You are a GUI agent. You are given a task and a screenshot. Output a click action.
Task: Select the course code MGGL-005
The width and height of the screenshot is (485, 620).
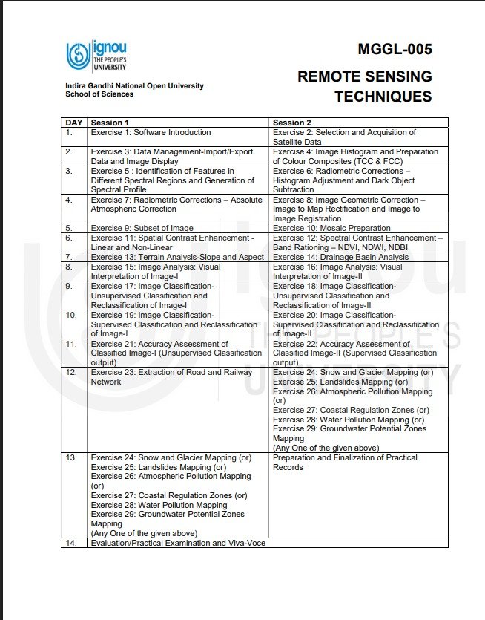pyautogui.click(x=394, y=50)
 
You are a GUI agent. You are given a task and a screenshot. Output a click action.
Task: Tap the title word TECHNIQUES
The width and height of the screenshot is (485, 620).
pyautogui.click(x=383, y=97)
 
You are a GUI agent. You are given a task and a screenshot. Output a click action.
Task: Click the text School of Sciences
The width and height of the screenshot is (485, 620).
pyautogui.click(x=99, y=94)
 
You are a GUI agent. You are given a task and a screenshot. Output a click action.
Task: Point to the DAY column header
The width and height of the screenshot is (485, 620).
pyautogui.click(x=74, y=123)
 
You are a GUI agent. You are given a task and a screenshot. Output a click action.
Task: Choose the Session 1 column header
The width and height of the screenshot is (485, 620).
pyautogui.click(x=110, y=123)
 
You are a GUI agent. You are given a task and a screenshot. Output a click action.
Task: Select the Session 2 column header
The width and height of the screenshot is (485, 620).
pyautogui.click(x=292, y=123)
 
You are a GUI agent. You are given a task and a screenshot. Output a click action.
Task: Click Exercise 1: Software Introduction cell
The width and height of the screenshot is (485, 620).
pyautogui.click(x=151, y=132)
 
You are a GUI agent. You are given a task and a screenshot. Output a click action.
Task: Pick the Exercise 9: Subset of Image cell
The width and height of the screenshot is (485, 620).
pyautogui.click(x=142, y=228)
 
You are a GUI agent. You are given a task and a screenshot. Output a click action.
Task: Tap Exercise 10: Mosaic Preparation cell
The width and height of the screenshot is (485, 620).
pyautogui.click(x=331, y=228)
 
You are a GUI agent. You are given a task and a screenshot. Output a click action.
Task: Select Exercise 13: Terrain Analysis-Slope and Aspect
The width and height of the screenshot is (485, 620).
pyautogui.click(x=177, y=257)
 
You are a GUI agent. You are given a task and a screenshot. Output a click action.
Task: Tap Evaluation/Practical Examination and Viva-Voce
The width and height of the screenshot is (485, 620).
pyautogui.click(x=178, y=543)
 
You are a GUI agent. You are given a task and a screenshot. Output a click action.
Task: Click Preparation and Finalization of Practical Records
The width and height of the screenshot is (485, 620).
pyautogui.click(x=345, y=462)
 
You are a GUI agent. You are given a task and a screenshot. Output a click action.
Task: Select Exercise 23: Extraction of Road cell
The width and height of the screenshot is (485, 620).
pyautogui.click(x=171, y=376)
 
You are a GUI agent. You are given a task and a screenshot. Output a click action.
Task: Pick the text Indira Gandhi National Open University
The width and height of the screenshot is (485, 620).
pyautogui.click(x=134, y=86)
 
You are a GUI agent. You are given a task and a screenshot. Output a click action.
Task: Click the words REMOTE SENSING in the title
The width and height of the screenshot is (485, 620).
pyautogui.click(x=364, y=76)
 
